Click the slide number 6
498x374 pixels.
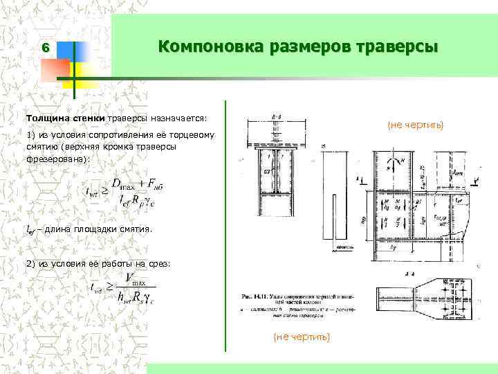click(x=45, y=48)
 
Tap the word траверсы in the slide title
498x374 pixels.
click(x=398, y=47)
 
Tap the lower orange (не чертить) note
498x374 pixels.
click(x=302, y=336)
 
